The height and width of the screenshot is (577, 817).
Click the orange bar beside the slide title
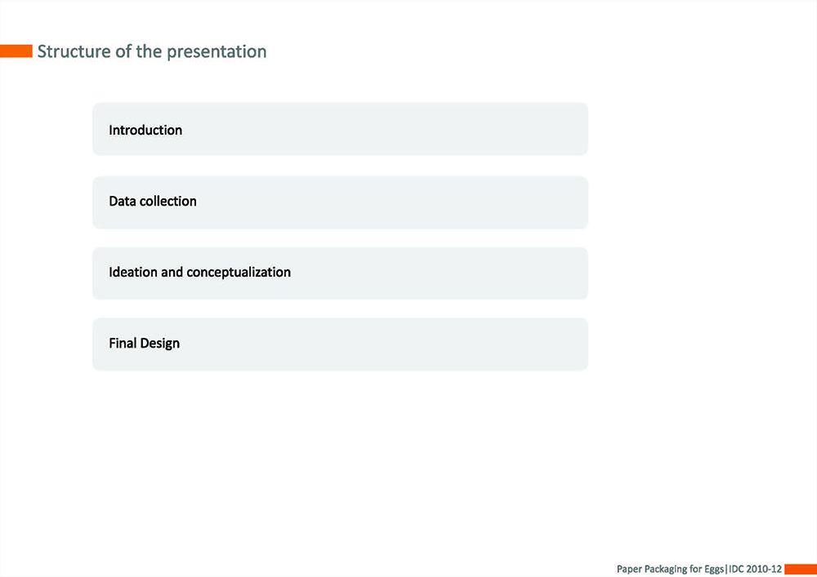coord(16,51)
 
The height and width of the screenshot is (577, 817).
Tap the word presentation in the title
coord(217,52)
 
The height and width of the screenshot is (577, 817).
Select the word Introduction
coord(145,130)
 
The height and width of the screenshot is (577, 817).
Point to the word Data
coord(123,202)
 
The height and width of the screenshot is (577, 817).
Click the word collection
coord(167,202)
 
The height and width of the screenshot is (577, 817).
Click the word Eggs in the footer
coord(714,569)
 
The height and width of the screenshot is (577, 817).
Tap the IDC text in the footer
coord(736,569)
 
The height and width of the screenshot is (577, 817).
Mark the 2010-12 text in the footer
coord(765,569)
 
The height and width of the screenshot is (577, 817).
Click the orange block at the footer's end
coord(801,569)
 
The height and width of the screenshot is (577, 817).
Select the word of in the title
coord(123,51)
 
